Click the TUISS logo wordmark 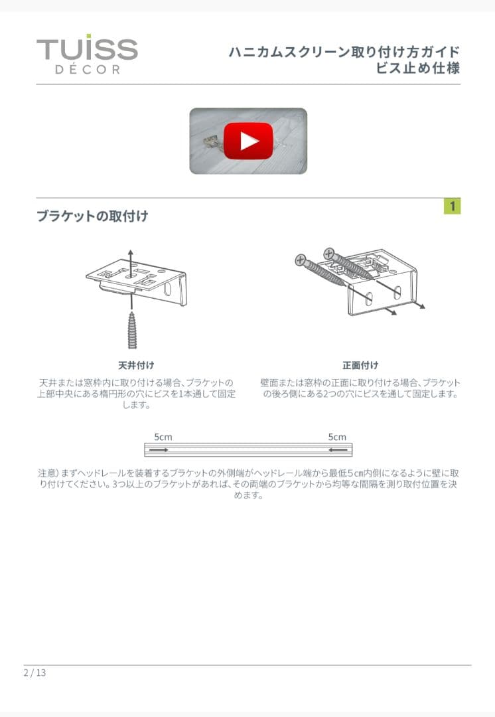pyautogui.click(x=87, y=48)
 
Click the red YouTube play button pyautogui.click(x=248, y=141)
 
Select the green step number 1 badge pyautogui.click(x=452, y=206)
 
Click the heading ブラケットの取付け pyautogui.click(x=92, y=216)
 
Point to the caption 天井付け pyautogui.click(x=136, y=365)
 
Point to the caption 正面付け pyautogui.click(x=360, y=365)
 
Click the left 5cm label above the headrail pyautogui.click(x=163, y=437)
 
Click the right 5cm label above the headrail pyautogui.click(x=337, y=437)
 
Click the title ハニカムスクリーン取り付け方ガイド pyautogui.click(x=344, y=52)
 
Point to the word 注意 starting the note pyautogui.click(x=47, y=473)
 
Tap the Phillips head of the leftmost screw pyautogui.click(x=301, y=260)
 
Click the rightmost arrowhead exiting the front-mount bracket pyautogui.click(x=423, y=307)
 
